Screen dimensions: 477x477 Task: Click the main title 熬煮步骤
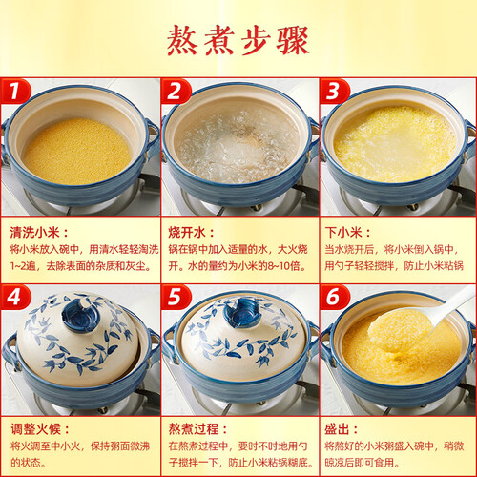238,41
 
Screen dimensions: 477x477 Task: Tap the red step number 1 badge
15,92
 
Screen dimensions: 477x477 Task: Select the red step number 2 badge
176,92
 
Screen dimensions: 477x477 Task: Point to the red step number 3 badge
335,92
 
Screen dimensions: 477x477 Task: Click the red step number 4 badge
15,298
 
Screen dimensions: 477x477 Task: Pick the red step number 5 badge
176,298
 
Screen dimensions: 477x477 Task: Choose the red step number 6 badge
335,298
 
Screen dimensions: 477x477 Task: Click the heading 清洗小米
34,233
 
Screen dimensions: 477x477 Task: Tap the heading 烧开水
187,233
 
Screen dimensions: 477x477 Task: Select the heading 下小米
343,233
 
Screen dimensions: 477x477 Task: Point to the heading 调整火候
35,429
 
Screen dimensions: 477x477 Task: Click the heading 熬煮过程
194,429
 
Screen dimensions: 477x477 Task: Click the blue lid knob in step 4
81,314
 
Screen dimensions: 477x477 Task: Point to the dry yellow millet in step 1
77,152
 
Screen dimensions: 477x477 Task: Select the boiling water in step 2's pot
237,145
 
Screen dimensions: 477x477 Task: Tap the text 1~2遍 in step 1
23,265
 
